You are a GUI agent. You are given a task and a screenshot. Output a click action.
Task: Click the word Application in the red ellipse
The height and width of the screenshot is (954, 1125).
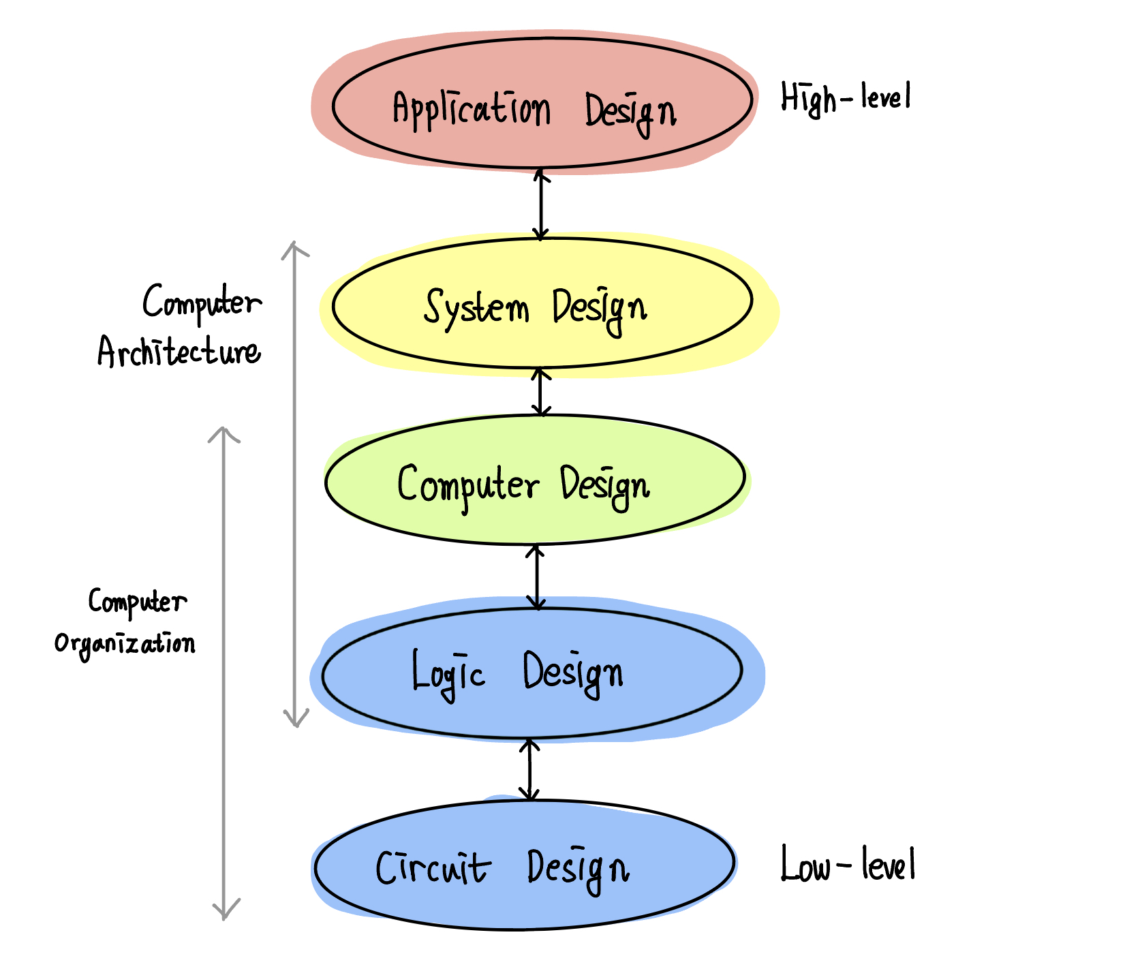point(471,109)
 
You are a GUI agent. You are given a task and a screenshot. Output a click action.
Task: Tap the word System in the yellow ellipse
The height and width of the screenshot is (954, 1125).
point(476,307)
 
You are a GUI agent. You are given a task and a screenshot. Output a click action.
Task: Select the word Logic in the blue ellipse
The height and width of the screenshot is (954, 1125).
point(448,673)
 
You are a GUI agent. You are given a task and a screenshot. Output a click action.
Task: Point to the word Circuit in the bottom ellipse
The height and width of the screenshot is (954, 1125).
point(432,868)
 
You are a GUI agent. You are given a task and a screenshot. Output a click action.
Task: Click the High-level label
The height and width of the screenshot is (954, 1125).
point(845,97)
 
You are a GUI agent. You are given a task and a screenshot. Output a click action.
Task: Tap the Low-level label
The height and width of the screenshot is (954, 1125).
point(847,865)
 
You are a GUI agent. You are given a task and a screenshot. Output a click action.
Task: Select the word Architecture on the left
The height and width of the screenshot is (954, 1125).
point(179,352)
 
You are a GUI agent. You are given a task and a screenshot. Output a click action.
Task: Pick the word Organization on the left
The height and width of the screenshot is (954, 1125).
point(125,644)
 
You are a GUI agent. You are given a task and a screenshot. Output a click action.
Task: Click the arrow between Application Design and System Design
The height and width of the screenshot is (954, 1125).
point(541,204)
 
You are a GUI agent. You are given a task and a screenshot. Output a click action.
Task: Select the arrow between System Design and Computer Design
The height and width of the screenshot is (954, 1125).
point(541,392)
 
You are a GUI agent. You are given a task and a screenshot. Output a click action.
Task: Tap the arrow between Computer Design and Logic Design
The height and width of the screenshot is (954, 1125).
point(536,576)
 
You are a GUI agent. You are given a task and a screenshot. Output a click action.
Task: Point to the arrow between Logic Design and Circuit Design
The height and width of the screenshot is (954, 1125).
point(529,769)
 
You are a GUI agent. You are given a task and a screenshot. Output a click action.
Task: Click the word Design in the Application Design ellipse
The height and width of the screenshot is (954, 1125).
point(630,112)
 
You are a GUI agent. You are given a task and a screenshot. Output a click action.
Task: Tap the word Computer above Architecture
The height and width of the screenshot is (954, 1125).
point(202,303)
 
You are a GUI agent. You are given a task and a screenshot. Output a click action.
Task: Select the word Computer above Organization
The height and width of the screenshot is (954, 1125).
point(137,602)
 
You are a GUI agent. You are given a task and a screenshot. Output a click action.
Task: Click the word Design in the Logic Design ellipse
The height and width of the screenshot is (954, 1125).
point(573,673)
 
